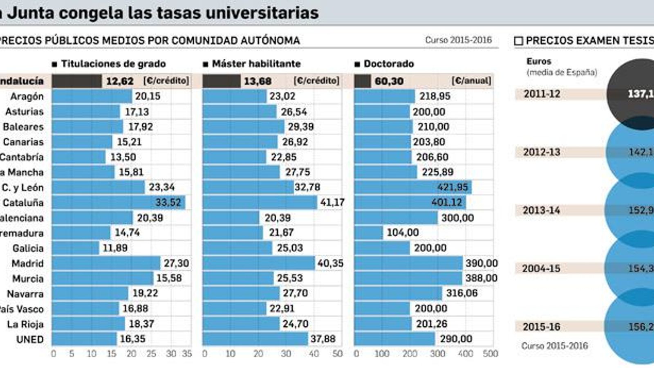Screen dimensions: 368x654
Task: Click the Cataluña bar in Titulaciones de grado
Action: [x=119, y=202]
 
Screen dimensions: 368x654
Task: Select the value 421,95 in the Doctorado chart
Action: [x=452, y=187]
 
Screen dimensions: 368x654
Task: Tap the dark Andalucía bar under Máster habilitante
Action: [x=221, y=81]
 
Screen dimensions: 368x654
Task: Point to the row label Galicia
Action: [x=28, y=248]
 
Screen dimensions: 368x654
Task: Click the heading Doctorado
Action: [x=388, y=64]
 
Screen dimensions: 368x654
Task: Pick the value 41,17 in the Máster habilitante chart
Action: [x=332, y=202]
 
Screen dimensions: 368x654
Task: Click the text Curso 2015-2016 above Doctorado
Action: [x=458, y=40]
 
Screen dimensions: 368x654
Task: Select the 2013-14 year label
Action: [x=542, y=211]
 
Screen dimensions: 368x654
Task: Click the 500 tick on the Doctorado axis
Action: [x=490, y=354]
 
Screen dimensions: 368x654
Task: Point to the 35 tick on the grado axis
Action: [x=187, y=354]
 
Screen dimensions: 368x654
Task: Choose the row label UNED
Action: [x=30, y=339]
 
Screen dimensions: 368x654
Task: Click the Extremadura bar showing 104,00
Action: [x=368, y=233]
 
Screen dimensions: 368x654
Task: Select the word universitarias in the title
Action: [x=262, y=13]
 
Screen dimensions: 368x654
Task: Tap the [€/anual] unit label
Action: [x=471, y=81]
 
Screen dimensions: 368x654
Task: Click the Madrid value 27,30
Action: [x=176, y=263]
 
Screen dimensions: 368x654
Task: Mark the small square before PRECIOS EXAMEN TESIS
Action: [x=518, y=41]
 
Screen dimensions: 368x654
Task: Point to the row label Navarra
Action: [x=25, y=294]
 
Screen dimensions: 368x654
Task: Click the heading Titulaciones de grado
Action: [x=113, y=64]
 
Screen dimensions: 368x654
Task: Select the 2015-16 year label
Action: [x=541, y=327]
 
